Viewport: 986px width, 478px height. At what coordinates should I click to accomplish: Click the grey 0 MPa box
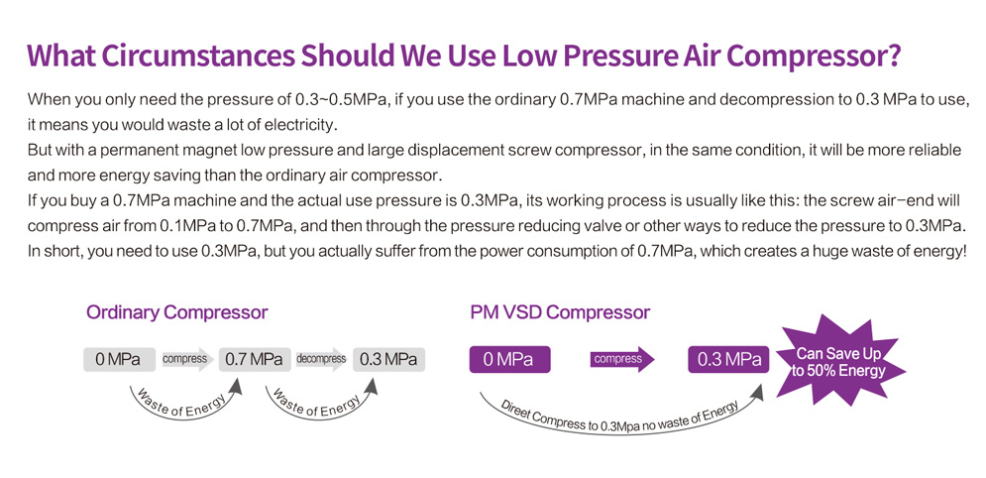(x=120, y=359)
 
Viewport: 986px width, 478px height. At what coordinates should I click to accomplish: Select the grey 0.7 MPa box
(x=255, y=359)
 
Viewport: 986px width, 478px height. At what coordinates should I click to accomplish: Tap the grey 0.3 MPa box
(x=388, y=359)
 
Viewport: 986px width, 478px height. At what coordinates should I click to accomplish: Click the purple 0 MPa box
(x=509, y=359)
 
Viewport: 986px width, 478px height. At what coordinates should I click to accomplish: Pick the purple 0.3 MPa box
(x=728, y=359)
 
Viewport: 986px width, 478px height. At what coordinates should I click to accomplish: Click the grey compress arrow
(x=187, y=359)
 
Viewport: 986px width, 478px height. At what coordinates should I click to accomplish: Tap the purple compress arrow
(x=622, y=359)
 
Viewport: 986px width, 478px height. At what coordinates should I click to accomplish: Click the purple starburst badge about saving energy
(x=840, y=362)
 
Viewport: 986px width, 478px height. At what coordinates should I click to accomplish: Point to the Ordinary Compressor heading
(x=176, y=312)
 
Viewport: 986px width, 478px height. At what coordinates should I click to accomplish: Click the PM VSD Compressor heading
(x=560, y=312)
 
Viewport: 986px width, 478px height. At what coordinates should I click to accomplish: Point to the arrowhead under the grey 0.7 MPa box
(x=236, y=384)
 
